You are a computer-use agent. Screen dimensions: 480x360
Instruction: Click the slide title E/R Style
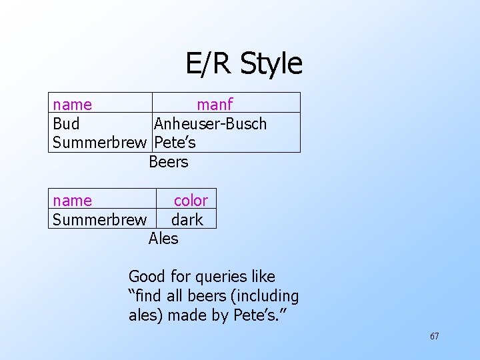point(243,63)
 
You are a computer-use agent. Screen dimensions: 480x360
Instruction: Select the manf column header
point(214,105)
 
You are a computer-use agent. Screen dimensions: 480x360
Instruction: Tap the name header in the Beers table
point(73,105)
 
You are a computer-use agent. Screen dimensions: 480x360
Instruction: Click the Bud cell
point(66,124)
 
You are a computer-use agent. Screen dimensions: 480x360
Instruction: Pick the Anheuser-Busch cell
point(210,124)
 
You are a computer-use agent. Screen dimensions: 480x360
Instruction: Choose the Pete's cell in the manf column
point(175,143)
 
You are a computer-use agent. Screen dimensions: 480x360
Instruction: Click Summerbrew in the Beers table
point(99,143)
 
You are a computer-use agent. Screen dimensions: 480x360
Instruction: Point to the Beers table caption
point(168,162)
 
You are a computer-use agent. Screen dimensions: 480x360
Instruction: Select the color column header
point(191,201)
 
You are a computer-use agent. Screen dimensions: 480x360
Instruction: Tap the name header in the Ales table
point(73,201)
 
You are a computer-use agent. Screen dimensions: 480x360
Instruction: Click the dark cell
point(187,219)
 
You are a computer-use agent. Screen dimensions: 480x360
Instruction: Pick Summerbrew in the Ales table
point(99,219)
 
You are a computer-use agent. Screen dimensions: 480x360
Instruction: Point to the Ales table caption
point(163,238)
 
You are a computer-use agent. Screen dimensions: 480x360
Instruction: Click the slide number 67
point(434,336)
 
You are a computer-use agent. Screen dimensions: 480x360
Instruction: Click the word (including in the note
point(265,296)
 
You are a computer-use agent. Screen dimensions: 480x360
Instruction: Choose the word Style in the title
point(271,63)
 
